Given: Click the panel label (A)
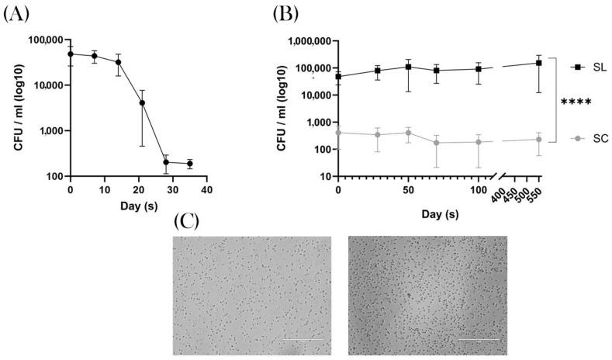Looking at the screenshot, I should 16,14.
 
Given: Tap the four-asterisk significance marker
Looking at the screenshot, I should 576,102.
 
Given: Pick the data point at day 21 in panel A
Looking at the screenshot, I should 142,102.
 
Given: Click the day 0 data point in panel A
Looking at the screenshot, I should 71,54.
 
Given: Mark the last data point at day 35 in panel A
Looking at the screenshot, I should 190,164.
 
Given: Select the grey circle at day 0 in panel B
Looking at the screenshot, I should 338,133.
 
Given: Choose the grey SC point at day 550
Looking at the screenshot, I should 538,140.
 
